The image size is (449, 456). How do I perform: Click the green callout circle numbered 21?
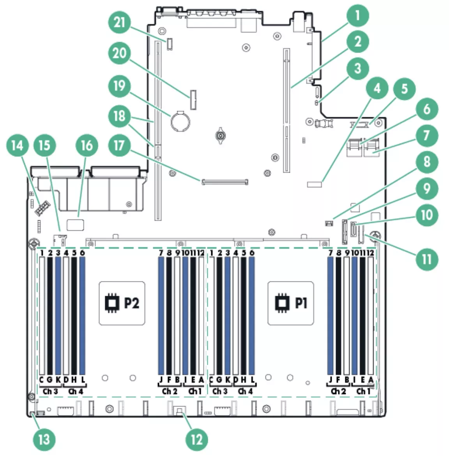(120, 23)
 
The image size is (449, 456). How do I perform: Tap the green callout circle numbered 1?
(357, 16)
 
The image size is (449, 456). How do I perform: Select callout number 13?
(44, 439)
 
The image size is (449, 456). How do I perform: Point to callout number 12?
(197, 439)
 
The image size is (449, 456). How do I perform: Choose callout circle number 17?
(119, 145)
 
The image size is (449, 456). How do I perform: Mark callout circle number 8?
(427, 161)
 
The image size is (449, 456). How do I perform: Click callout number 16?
(86, 145)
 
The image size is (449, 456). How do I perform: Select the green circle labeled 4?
(377, 88)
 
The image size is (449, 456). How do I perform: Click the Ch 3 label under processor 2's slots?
(50, 391)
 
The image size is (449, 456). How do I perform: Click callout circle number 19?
(120, 85)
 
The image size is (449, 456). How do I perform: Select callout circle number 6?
(427, 109)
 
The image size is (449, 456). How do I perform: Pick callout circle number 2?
(357, 41)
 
